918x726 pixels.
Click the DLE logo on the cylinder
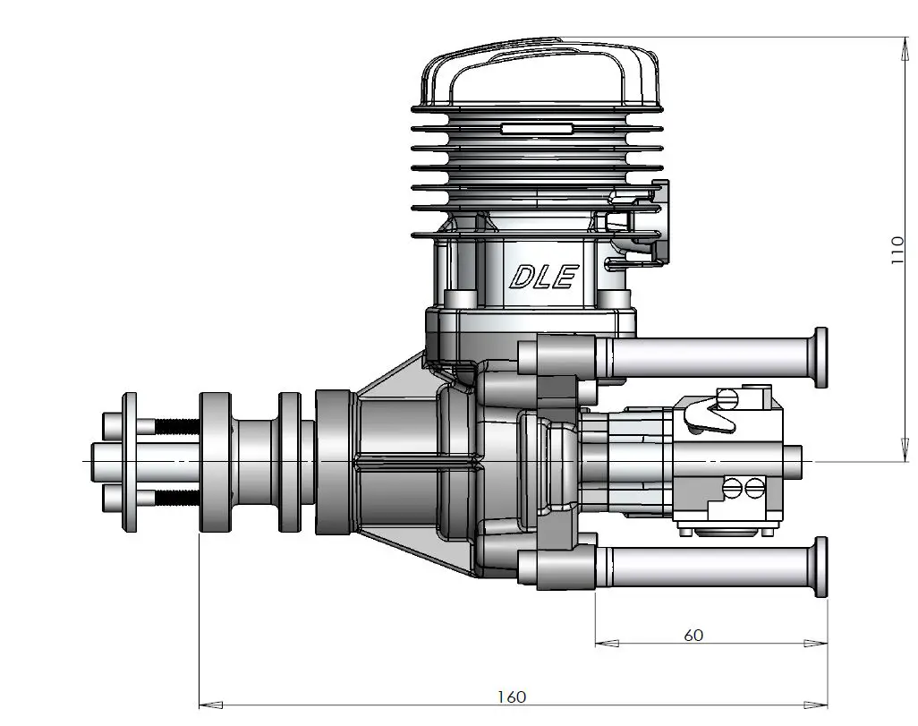542,277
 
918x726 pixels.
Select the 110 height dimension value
897,251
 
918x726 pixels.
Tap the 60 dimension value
693,636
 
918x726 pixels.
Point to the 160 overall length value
512,696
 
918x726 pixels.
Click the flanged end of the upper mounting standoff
820,358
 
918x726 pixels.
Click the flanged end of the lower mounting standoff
820,569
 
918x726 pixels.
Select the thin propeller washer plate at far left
131,463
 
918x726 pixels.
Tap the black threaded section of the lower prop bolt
178,498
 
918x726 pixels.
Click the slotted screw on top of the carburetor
729,397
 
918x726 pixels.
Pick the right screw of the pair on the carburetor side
754,488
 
